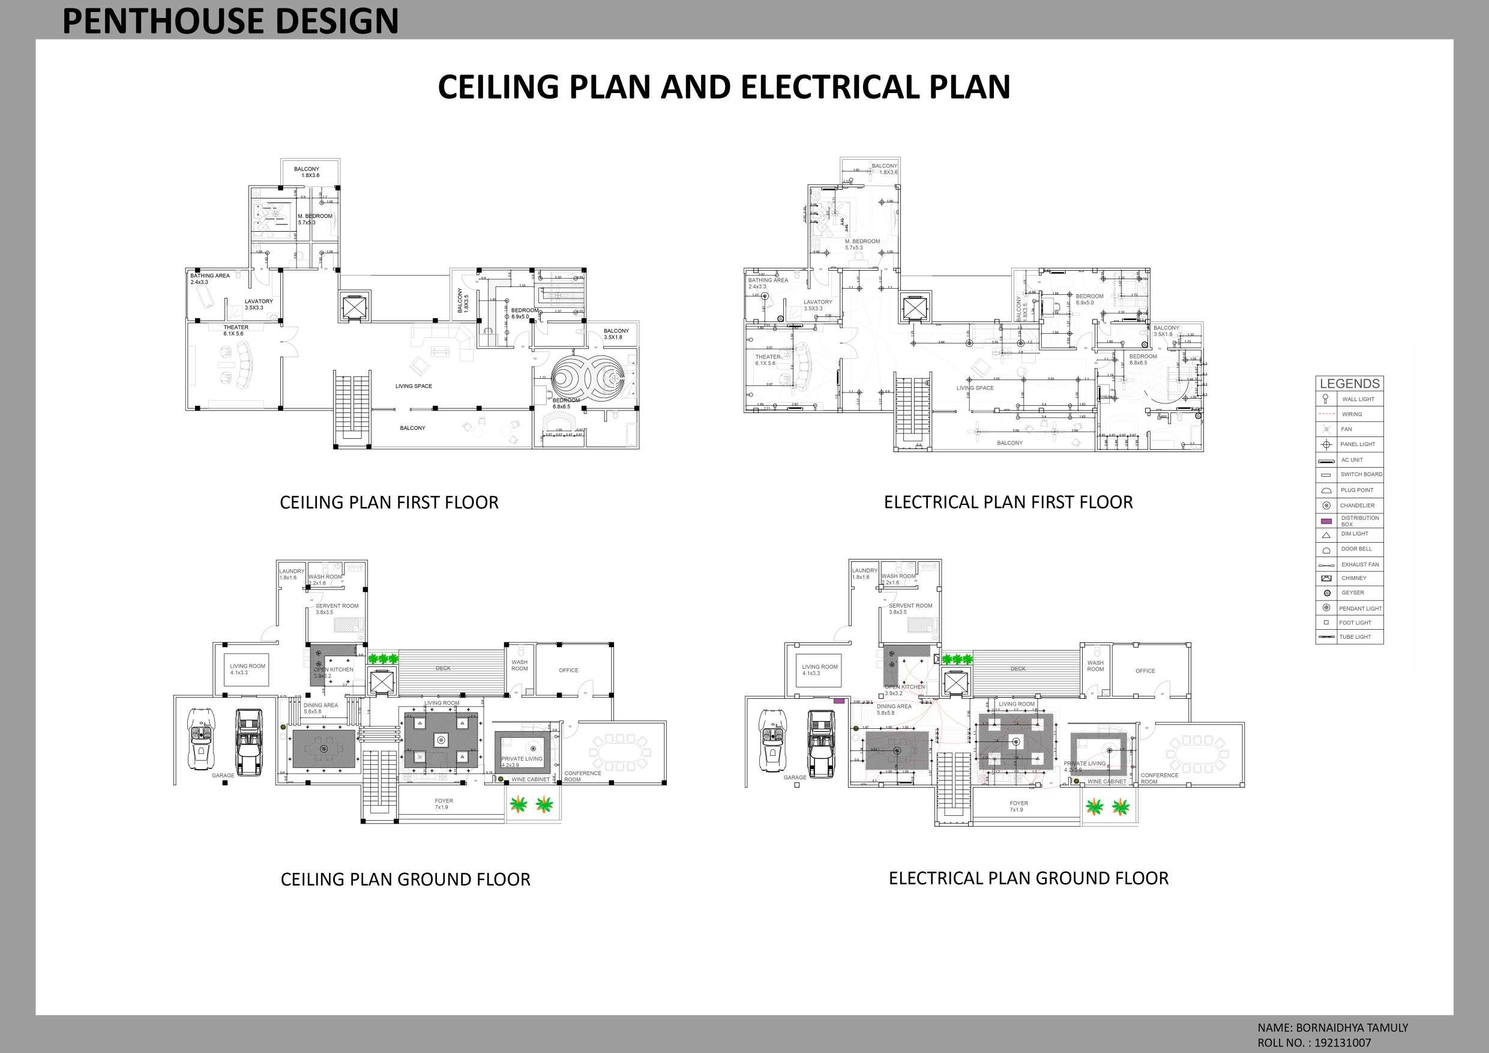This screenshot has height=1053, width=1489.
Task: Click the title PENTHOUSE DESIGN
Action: [230, 21]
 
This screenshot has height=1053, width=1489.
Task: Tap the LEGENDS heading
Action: [1350, 384]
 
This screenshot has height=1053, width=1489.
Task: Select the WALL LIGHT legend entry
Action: [1358, 399]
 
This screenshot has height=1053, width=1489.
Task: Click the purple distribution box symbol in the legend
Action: [1326, 521]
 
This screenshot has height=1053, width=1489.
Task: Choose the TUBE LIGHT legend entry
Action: [1355, 636]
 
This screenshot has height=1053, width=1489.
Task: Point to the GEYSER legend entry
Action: [1352, 593]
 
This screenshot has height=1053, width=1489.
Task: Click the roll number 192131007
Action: [1343, 1043]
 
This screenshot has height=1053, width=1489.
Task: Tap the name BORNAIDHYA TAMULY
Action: [1351, 1028]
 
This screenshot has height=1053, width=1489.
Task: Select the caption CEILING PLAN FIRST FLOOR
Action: [389, 503]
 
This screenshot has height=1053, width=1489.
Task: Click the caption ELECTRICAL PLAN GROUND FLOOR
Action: [1029, 878]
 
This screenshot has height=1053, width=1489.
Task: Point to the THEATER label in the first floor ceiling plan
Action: [235, 328]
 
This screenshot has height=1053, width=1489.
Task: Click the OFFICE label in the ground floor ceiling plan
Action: [569, 670]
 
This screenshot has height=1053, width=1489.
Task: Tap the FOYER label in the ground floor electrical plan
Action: [1019, 803]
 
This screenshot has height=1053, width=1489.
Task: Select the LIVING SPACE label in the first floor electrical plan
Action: [975, 388]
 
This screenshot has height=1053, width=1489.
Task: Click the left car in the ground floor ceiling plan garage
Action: [202, 738]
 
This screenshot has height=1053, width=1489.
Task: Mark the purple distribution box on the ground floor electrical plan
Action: [838, 701]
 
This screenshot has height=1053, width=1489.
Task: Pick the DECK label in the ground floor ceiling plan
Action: [443, 668]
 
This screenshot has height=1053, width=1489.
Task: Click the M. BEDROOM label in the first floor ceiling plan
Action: [315, 216]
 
